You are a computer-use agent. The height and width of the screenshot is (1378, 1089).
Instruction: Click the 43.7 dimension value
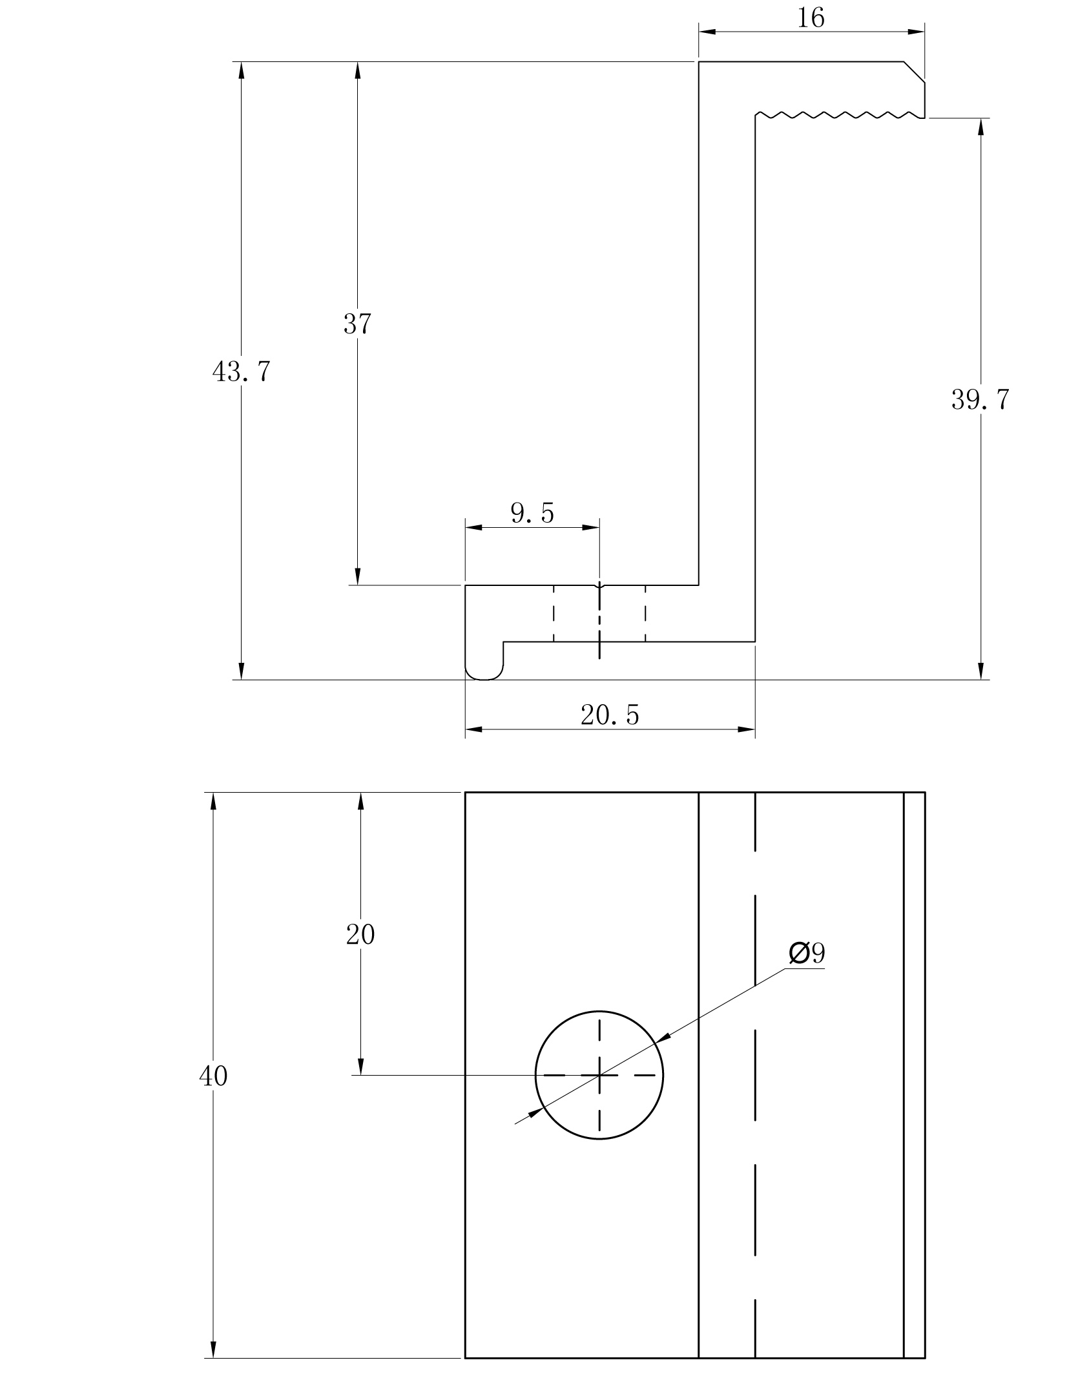tap(241, 372)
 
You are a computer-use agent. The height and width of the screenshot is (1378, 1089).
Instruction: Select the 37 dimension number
tap(357, 324)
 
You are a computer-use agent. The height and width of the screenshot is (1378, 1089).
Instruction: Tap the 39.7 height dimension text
tap(979, 400)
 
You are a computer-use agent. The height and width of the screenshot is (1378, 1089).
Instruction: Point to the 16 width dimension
tap(811, 18)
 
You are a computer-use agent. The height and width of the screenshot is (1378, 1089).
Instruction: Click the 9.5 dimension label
tap(532, 513)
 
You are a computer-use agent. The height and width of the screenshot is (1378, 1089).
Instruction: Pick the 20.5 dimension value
tap(609, 715)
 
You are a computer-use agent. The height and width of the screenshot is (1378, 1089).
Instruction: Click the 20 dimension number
tap(360, 934)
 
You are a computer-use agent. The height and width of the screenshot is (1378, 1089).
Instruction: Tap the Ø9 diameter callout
tap(807, 953)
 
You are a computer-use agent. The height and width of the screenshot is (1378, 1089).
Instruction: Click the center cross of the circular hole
tap(599, 1075)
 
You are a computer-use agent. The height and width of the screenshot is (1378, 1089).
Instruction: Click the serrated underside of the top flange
tap(840, 115)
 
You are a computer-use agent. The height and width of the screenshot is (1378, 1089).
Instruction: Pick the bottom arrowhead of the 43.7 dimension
tap(241, 671)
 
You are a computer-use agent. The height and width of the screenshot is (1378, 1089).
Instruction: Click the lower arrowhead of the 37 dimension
tap(357, 577)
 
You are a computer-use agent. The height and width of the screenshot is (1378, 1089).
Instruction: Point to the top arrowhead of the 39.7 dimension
tap(980, 127)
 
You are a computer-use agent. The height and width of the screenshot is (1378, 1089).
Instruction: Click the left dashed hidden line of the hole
tap(554, 613)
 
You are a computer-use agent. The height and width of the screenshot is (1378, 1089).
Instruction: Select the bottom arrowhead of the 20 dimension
tap(360, 1067)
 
